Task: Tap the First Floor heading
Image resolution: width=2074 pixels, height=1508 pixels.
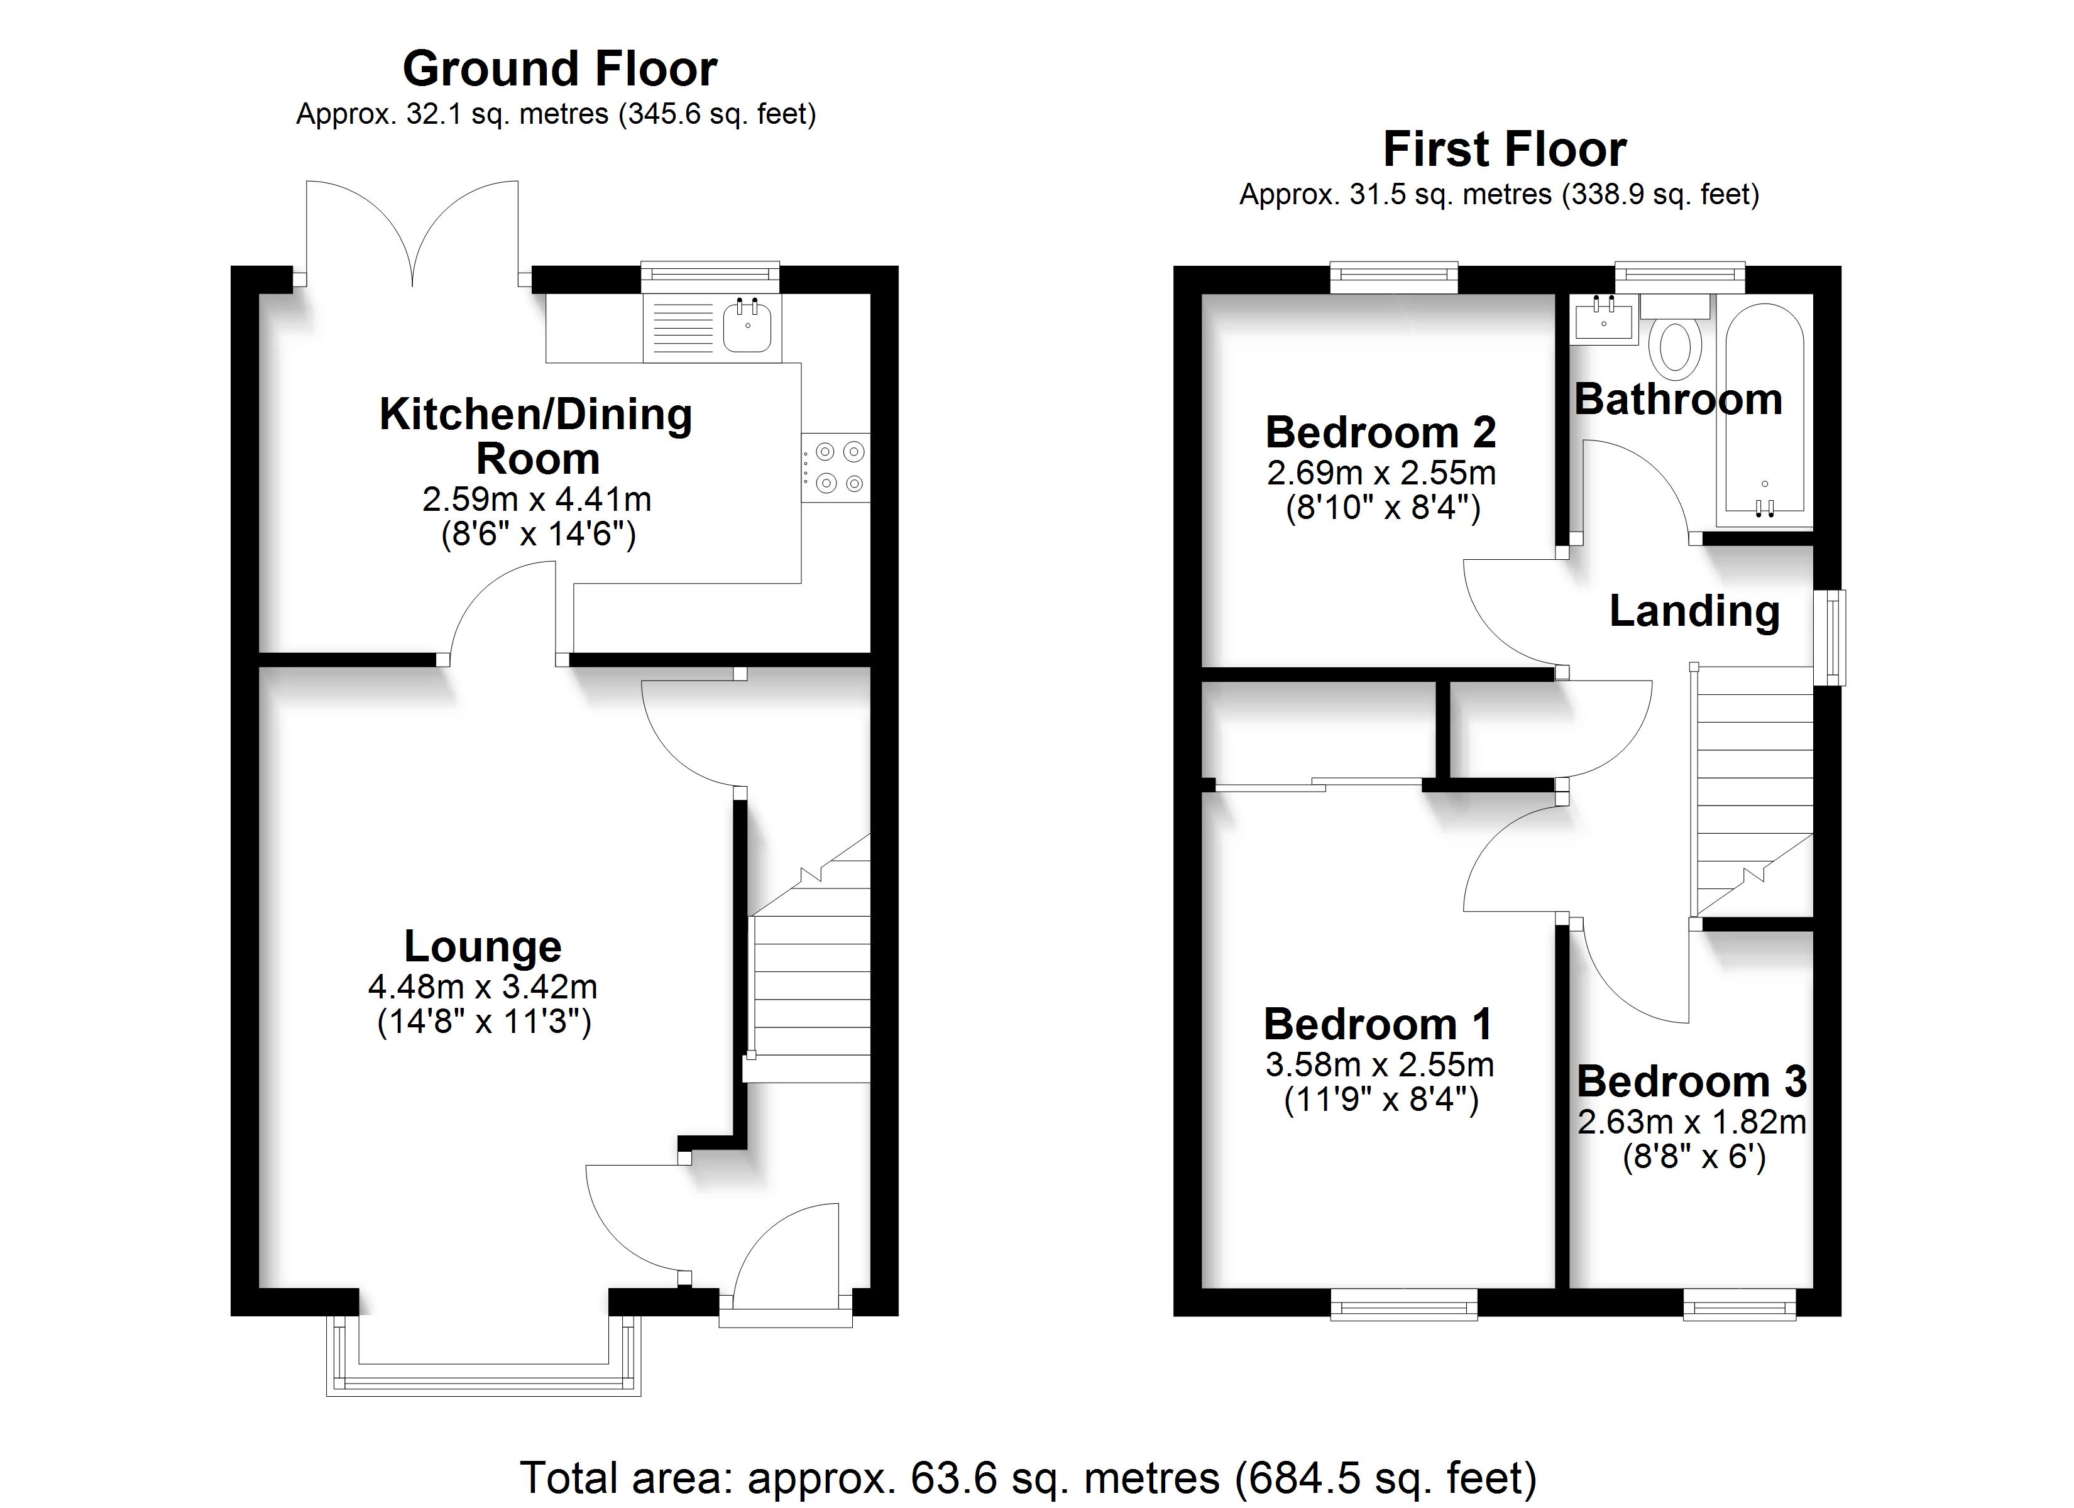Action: coord(1505,149)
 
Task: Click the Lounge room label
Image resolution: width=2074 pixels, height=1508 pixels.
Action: coord(483,948)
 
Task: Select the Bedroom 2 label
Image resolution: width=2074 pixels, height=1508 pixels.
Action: coord(1381,432)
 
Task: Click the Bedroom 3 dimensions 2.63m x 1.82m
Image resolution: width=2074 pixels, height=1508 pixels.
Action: coord(1692,1122)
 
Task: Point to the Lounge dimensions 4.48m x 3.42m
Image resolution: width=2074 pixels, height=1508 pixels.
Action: coord(483,986)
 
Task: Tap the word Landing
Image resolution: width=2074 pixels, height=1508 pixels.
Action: coord(1694,612)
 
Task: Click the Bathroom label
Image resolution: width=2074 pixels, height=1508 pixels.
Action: coord(1678,400)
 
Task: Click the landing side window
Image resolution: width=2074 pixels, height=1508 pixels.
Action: coord(1830,637)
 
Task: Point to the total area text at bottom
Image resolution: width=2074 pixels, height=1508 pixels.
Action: coord(1028,1477)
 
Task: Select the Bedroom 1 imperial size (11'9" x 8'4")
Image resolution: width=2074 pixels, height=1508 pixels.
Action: coord(1381,1098)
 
